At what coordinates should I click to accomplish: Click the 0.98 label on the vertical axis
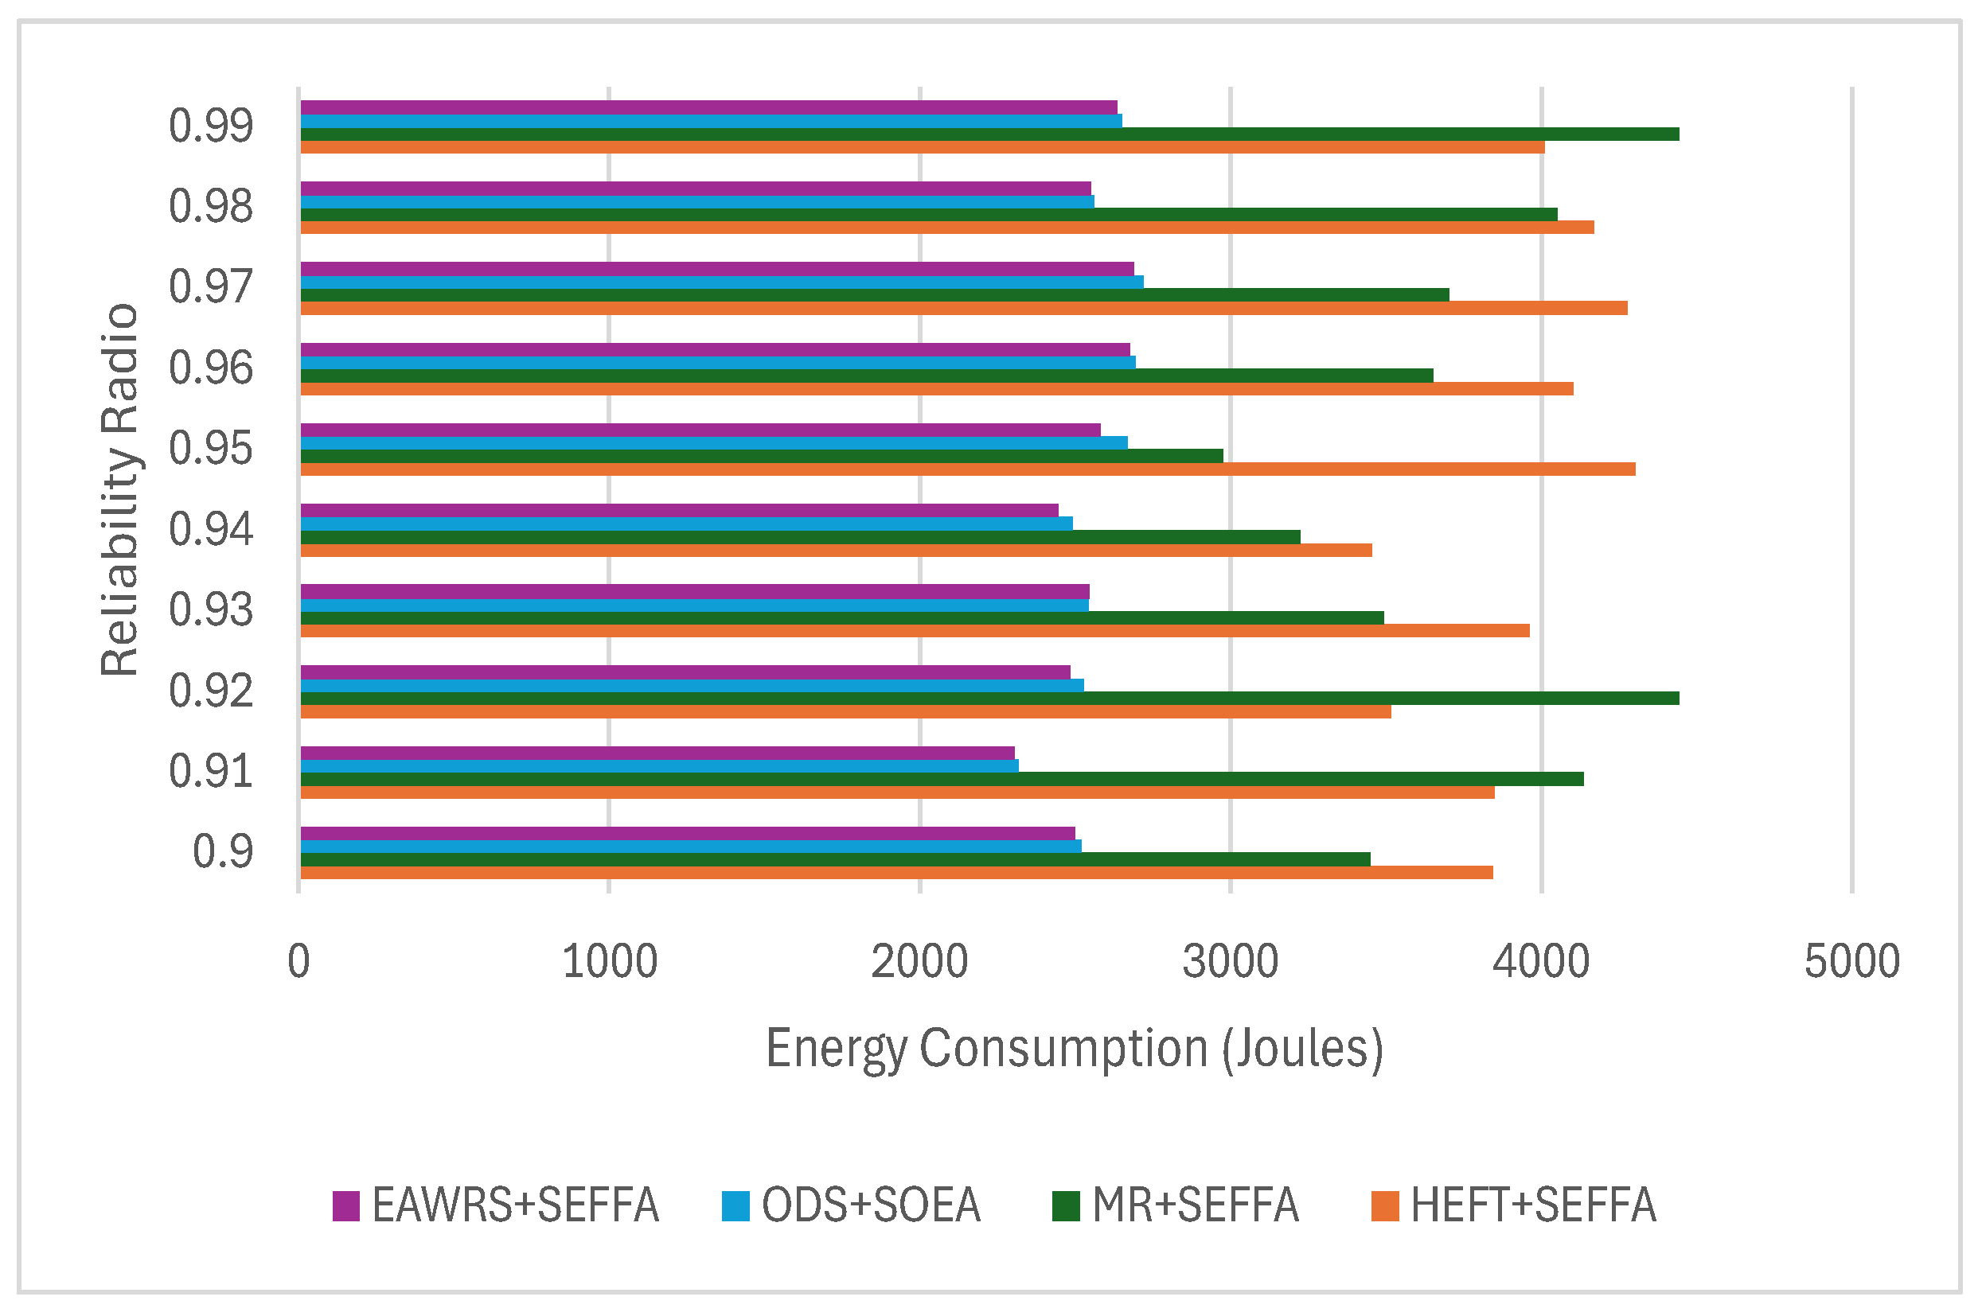[211, 206]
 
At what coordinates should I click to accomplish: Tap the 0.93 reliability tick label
[211, 610]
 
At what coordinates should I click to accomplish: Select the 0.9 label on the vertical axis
[222, 852]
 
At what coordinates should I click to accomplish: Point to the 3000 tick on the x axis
[1230, 962]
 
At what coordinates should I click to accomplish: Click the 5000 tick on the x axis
[1852, 962]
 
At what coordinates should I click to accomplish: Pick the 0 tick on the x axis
[298, 962]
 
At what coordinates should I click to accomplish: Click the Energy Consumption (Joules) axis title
[1074, 1049]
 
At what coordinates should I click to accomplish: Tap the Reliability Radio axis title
[119, 489]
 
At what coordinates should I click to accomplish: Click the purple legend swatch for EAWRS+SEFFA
[346, 1206]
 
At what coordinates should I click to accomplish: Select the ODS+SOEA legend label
[871, 1206]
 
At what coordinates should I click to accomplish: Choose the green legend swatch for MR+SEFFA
[1065, 1206]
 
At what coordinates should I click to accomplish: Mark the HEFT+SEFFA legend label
[1533, 1206]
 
